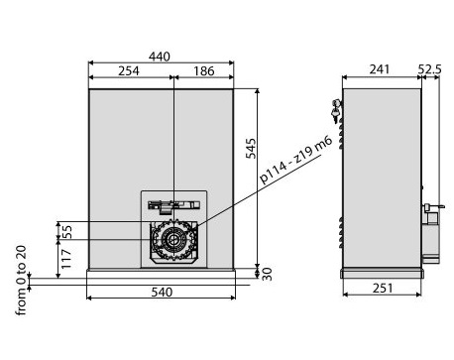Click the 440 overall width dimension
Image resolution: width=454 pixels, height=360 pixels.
(160, 57)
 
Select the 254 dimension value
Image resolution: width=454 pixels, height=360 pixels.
(129, 70)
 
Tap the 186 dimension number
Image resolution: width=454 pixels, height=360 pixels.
(204, 70)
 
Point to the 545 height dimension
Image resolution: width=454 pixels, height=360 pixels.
(251, 149)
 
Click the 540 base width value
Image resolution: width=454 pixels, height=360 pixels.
(162, 292)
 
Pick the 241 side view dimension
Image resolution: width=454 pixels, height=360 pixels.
(380, 69)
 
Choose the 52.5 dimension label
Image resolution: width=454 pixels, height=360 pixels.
(430, 69)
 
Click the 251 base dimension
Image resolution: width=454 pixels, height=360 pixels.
(383, 289)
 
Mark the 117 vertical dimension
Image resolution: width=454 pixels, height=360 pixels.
(66, 259)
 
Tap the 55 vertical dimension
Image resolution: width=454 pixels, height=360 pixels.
(66, 232)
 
